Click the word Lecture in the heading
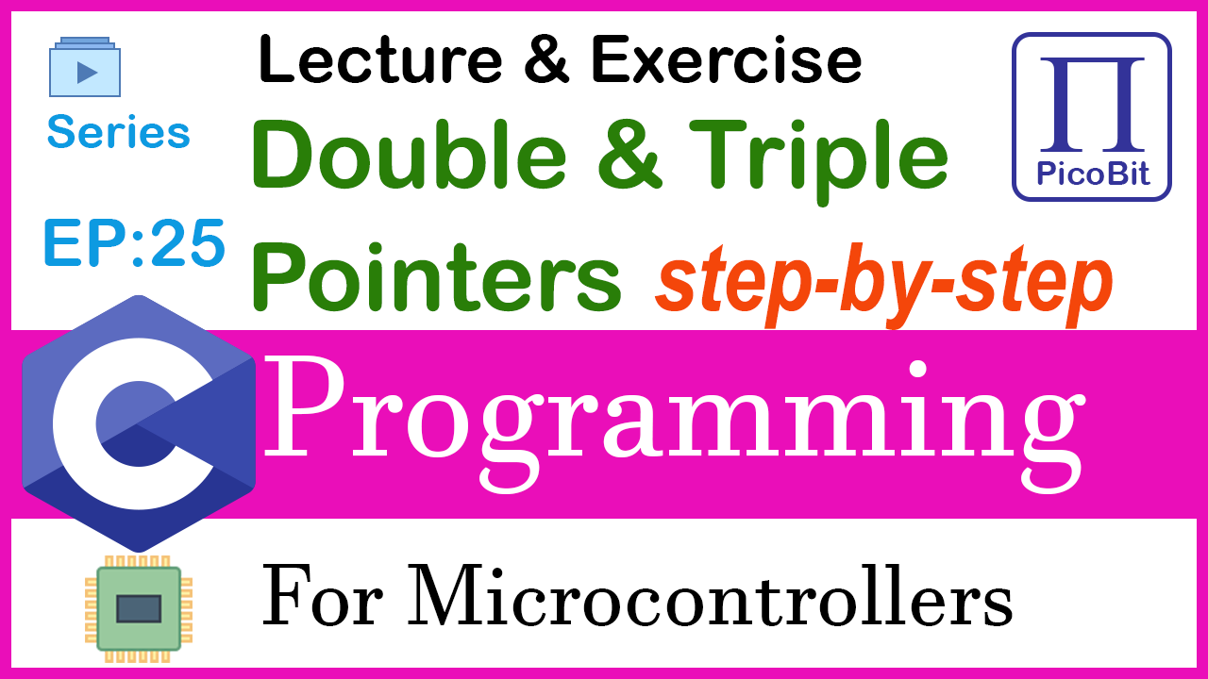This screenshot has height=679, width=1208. click(380, 59)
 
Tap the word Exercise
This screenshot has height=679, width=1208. click(727, 59)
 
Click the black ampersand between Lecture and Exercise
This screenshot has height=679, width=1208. click(546, 59)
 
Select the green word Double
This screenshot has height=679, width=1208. click(410, 155)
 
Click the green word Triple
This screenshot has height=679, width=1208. click(818, 161)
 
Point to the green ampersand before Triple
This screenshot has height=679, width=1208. click(629, 155)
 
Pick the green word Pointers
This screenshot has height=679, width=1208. click(437, 276)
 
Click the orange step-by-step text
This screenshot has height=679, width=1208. click(883, 286)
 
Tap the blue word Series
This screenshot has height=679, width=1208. click(119, 132)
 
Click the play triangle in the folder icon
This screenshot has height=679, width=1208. click(87, 73)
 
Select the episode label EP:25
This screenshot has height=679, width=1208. click(134, 243)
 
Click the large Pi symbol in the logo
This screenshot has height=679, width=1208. click(1092, 105)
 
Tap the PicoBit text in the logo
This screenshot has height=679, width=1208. click(1093, 174)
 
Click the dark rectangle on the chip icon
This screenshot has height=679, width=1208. click(139, 609)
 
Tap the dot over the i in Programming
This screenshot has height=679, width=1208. click(916, 371)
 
